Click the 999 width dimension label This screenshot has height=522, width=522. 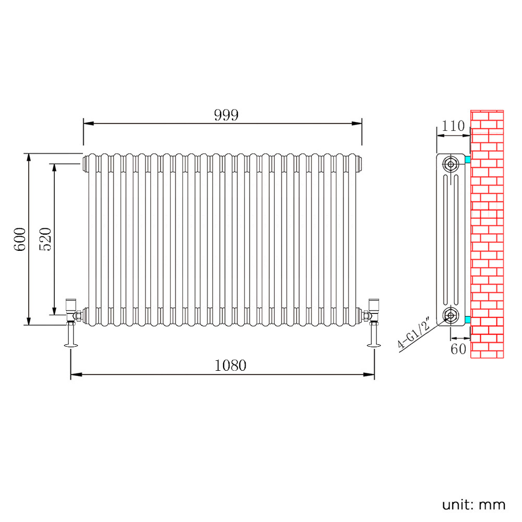[226, 115]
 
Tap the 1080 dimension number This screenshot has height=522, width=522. [230, 366]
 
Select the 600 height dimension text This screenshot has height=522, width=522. [20, 239]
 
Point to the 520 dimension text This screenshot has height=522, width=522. [45, 239]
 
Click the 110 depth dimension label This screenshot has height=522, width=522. [453, 126]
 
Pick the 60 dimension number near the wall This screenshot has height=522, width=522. [458, 349]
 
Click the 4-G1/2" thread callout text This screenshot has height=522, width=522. [414, 333]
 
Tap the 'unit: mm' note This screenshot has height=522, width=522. [474, 505]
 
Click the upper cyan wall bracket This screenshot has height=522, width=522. [468, 160]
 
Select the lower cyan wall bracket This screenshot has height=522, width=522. [468, 320]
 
